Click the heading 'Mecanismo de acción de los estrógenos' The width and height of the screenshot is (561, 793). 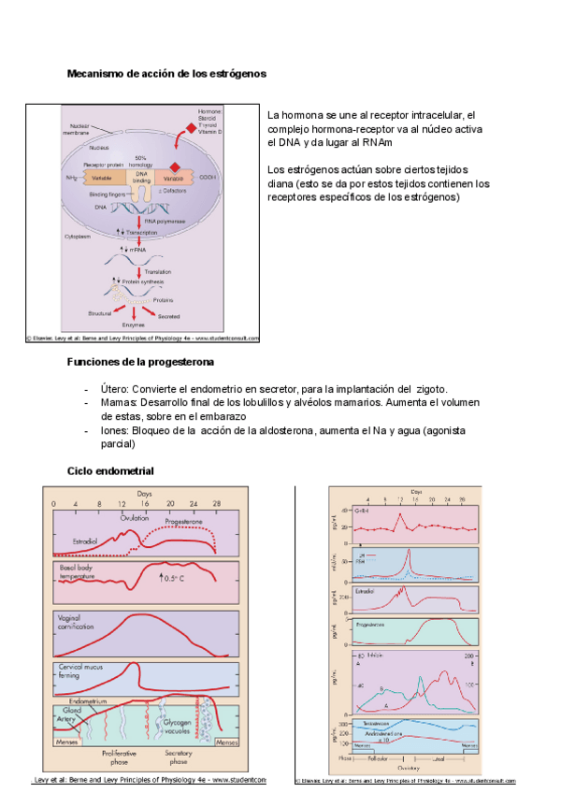click(167, 73)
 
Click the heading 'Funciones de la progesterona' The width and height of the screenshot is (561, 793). click(141, 361)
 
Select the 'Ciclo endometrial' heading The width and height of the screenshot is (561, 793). click(110, 470)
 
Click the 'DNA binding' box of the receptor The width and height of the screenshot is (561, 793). click(141, 177)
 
